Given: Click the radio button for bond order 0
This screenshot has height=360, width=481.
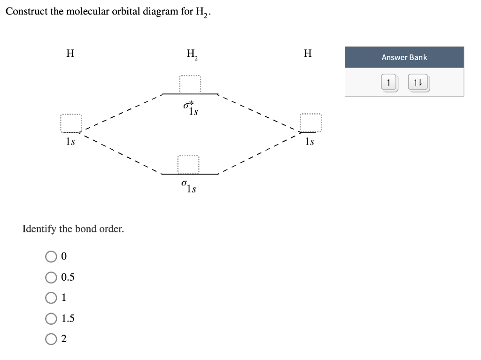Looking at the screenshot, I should (51, 256).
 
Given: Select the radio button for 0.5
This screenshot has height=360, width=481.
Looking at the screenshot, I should (51, 277).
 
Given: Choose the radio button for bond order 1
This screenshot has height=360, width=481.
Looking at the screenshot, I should (51, 298).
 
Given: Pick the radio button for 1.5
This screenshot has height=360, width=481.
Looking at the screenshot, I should (51, 318).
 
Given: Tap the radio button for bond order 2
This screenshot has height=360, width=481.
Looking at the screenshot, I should (51, 339).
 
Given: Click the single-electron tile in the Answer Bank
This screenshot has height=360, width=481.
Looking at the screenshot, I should (388, 83).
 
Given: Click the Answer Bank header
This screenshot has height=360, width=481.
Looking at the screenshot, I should (404, 57).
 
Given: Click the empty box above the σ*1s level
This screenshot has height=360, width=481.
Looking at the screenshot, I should (190, 84).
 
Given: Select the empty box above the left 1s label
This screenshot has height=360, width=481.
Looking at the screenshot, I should (71, 124).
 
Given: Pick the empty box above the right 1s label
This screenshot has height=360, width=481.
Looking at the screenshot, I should (311, 123).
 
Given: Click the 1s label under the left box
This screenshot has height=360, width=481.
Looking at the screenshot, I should (71, 141).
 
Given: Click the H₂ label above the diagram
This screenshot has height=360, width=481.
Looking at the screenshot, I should (192, 54).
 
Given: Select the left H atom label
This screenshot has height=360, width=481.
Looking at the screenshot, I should (70, 54).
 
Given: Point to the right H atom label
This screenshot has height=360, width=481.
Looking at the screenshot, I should (308, 54).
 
